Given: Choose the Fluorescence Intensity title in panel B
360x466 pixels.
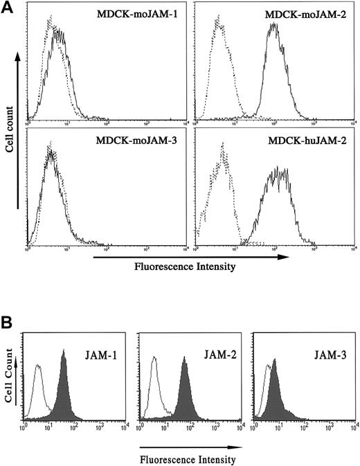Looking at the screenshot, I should [188, 458].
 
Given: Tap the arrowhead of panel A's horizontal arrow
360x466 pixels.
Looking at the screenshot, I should [284, 256].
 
